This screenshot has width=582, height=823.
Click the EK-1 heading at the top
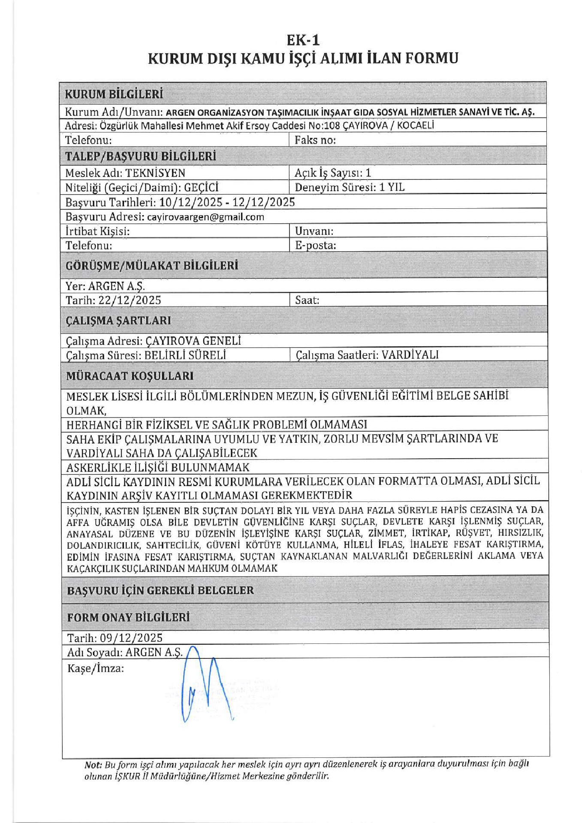tap(303, 40)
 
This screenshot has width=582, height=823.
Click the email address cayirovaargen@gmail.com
tap(205, 217)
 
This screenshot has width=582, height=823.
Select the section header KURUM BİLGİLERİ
tap(114, 94)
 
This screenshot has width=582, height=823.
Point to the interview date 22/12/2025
tap(130, 300)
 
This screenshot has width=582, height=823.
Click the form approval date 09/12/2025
tap(131, 638)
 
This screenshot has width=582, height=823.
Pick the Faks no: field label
tap(315, 140)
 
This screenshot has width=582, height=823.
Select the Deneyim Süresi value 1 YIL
tap(392, 187)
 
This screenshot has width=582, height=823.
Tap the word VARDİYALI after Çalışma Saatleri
tap(410, 355)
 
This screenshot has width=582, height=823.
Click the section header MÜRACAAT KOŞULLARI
tap(130, 376)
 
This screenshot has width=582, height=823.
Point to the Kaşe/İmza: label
tap(96, 668)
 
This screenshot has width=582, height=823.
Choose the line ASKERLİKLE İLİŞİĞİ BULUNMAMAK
tap(157, 467)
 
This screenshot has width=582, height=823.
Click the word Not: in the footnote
tap(93, 764)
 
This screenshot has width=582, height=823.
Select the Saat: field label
tap(307, 300)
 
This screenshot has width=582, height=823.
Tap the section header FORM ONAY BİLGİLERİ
tap(128, 617)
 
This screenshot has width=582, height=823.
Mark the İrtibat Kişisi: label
tap(97, 231)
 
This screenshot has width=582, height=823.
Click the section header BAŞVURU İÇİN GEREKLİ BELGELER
tap(160, 590)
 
